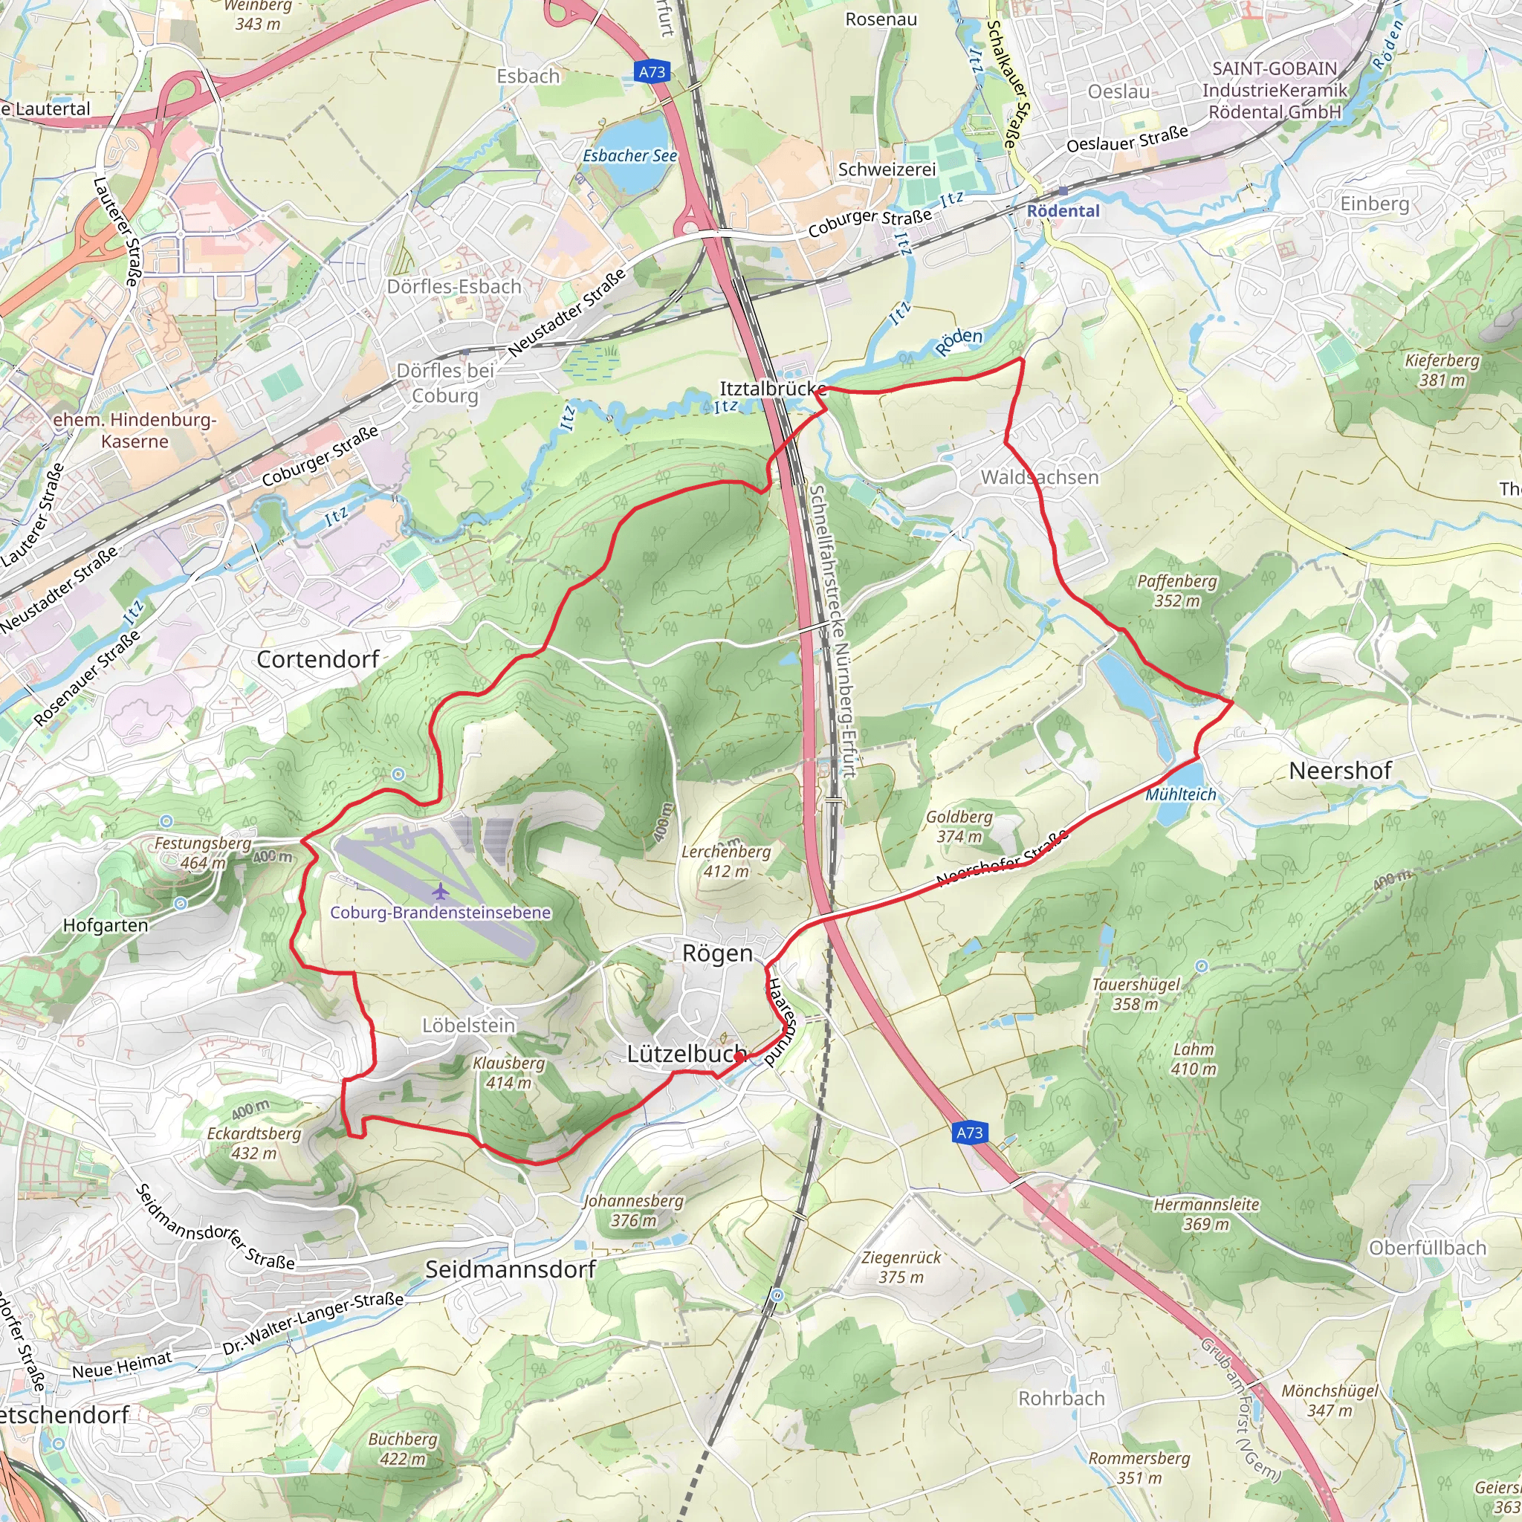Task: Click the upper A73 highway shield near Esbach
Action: tap(652, 73)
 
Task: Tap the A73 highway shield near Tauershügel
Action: tap(969, 1133)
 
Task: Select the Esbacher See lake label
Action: tap(629, 156)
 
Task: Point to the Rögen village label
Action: tap(717, 954)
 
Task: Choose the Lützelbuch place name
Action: tap(686, 1054)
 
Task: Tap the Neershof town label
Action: tap(1340, 771)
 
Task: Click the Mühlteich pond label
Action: tap(1180, 795)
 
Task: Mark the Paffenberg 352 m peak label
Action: tap(1177, 591)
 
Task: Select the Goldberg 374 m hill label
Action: tap(959, 826)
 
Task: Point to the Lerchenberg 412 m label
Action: tap(725, 861)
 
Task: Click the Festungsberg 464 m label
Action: tap(202, 852)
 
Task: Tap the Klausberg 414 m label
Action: tap(508, 1073)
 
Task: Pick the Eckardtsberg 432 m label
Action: tap(253, 1143)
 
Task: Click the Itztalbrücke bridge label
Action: tap(772, 389)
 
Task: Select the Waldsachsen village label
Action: tap(1039, 477)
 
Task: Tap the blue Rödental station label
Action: tap(1063, 211)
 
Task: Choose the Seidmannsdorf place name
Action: tap(511, 1269)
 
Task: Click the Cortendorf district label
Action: tap(318, 659)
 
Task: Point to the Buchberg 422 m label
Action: tap(403, 1448)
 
